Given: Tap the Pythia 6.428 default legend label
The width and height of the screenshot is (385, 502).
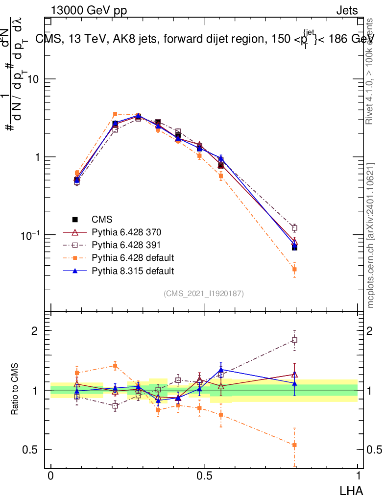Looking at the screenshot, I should point(133,258).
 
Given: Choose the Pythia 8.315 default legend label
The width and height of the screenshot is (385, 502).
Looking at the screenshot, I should point(133,271).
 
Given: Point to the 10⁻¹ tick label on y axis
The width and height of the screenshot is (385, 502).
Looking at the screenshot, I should point(30,234).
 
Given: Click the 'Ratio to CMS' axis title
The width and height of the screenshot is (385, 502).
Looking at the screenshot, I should point(15,390).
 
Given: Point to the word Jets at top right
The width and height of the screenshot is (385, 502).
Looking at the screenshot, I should point(347,11).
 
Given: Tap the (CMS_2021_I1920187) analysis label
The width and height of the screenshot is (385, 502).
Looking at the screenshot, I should point(204,294).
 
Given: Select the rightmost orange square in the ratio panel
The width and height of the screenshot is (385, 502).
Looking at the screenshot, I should point(294,445).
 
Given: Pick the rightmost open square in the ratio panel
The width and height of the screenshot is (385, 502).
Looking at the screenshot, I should point(294,340).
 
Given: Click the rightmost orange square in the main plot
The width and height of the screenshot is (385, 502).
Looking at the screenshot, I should point(294,269).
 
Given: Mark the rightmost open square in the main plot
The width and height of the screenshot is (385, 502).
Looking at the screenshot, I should point(294,228).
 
